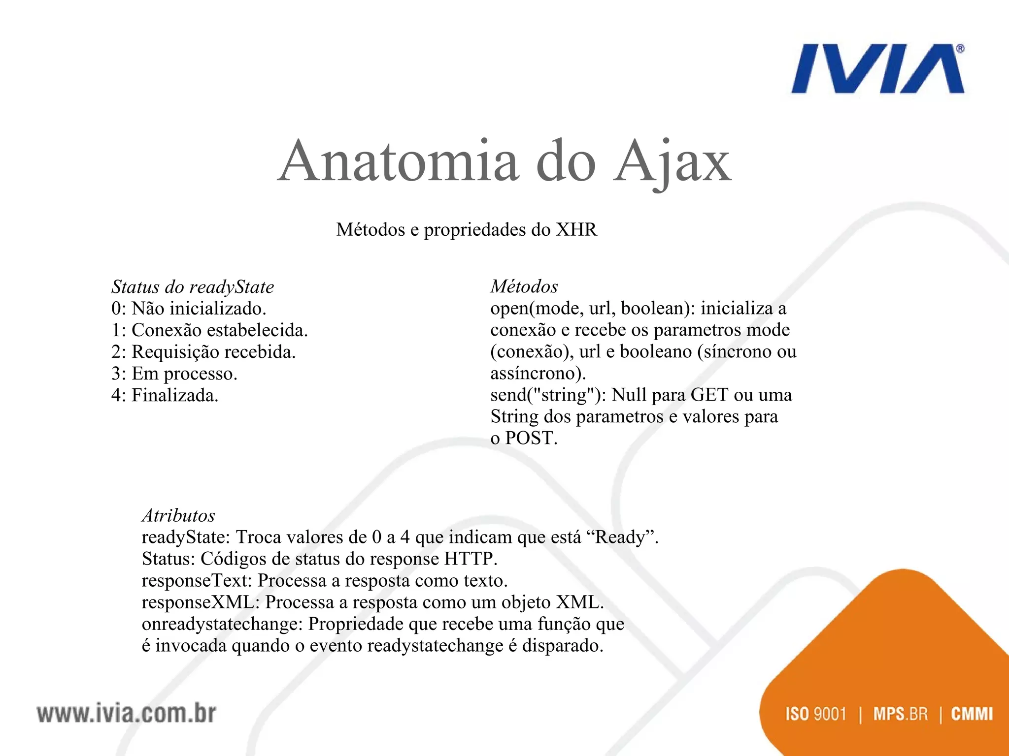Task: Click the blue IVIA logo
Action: (877, 69)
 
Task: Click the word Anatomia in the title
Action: (398, 161)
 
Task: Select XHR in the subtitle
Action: (576, 230)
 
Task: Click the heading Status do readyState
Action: (193, 286)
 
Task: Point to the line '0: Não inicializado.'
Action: (189, 309)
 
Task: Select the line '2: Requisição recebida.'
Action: (203, 352)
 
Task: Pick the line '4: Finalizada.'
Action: (165, 395)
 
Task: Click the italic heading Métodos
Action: (524, 286)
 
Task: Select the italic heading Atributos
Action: (178, 515)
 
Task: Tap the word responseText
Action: (197, 581)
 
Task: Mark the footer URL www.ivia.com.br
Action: (126, 714)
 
